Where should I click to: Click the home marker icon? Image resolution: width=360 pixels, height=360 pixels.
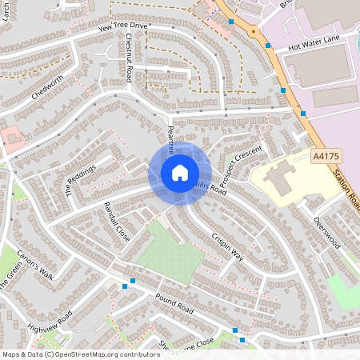click(x=180, y=173)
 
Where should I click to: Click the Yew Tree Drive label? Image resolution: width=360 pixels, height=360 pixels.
click(x=123, y=26)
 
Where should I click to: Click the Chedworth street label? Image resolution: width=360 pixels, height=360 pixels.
click(x=46, y=90)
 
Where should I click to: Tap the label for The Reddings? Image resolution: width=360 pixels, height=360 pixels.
click(x=80, y=178)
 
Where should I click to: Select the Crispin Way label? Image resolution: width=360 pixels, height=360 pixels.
click(x=228, y=244)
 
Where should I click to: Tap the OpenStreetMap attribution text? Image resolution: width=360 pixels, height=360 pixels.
click(x=70, y=354)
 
